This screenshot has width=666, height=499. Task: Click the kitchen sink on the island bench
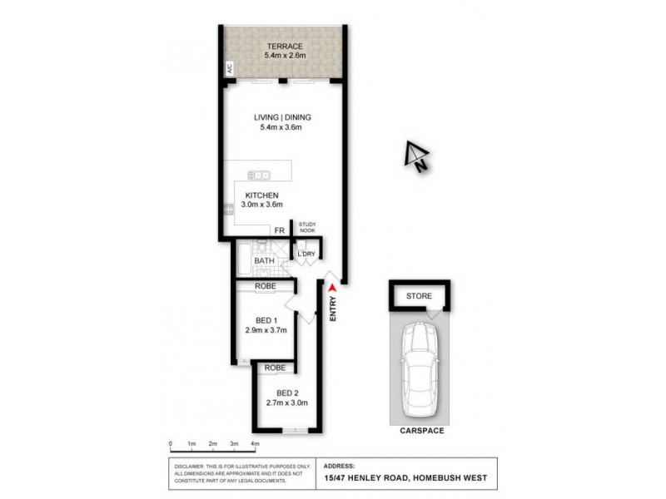coord(261,175)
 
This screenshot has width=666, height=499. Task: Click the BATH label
coord(264,261)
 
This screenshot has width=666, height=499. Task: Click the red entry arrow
coord(332,287)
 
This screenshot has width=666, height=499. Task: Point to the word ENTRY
coord(332,309)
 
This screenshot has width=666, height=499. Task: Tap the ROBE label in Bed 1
coord(266,286)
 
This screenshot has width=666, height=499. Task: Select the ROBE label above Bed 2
coord(276,367)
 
